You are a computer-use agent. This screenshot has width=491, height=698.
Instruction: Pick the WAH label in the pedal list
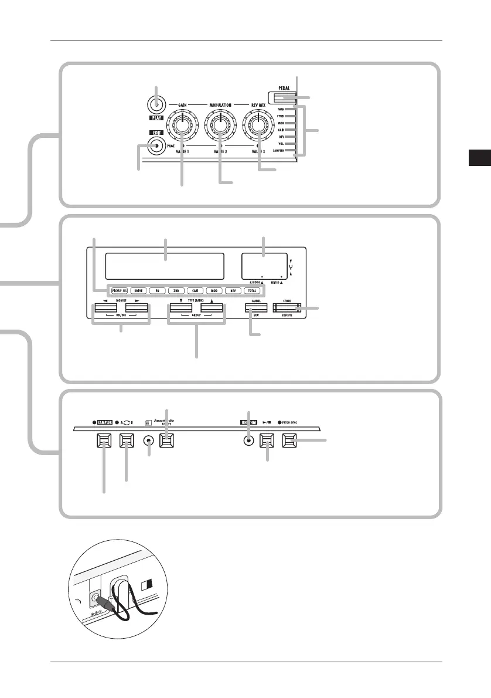click(281, 109)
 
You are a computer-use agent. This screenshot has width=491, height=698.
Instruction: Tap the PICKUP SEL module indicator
click(120, 290)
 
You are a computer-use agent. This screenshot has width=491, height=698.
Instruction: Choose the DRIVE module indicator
click(139, 290)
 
